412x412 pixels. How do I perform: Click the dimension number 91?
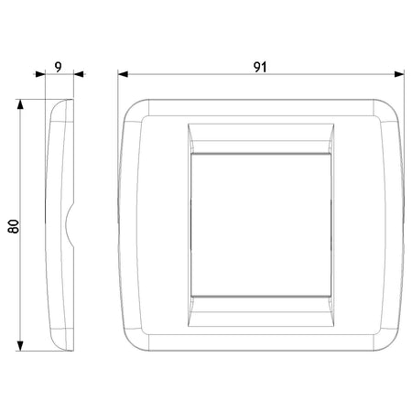point(260,67)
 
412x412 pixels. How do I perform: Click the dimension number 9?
point(58,67)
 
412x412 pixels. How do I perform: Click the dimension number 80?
point(14,226)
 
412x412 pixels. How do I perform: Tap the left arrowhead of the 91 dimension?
point(123,74)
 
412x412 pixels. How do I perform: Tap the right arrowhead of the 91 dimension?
point(399,74)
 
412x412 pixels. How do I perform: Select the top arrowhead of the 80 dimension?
point(20,104)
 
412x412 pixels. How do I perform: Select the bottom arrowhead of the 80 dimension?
point(20,346)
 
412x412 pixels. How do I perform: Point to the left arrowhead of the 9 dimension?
point(40,74)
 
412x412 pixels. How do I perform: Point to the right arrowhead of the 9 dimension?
point(79,74)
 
